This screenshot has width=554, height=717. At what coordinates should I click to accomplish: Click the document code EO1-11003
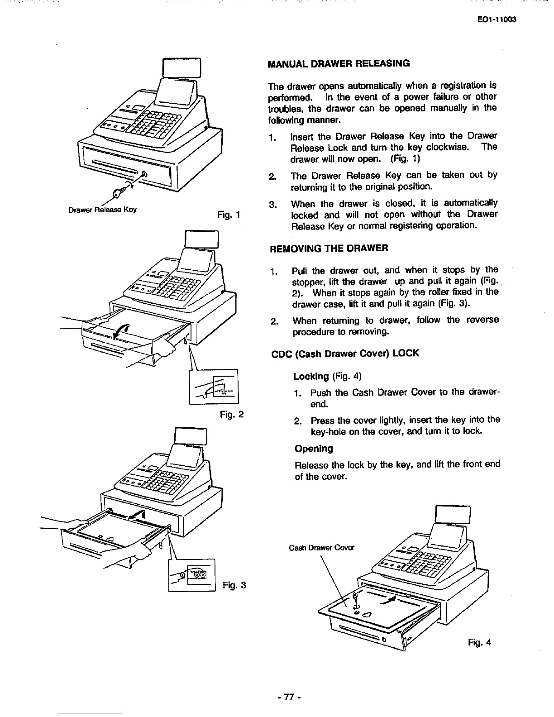tap(497, 19)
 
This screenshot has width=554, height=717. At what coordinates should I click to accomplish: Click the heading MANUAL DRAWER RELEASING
tap(339, 63)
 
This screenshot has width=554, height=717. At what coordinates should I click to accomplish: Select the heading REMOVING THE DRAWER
tap(329, 249)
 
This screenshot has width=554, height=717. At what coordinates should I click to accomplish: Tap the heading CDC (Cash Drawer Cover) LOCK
tap(344, 353)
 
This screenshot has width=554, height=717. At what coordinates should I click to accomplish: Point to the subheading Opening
tap(314, 449)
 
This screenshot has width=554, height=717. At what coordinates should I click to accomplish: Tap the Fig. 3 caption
tap(234, 585)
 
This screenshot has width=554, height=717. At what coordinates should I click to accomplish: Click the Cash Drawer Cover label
tap(321, 548)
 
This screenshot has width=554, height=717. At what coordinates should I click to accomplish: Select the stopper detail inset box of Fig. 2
tap(214, 386)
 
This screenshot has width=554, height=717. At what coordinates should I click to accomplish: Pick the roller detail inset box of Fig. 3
tap(191, 575)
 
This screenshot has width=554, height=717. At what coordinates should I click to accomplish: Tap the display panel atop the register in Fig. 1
tap(184, 68)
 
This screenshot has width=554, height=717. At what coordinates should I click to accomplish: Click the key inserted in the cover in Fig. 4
tap(355, 601)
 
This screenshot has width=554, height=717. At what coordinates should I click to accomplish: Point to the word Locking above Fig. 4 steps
tap(311, 377)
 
